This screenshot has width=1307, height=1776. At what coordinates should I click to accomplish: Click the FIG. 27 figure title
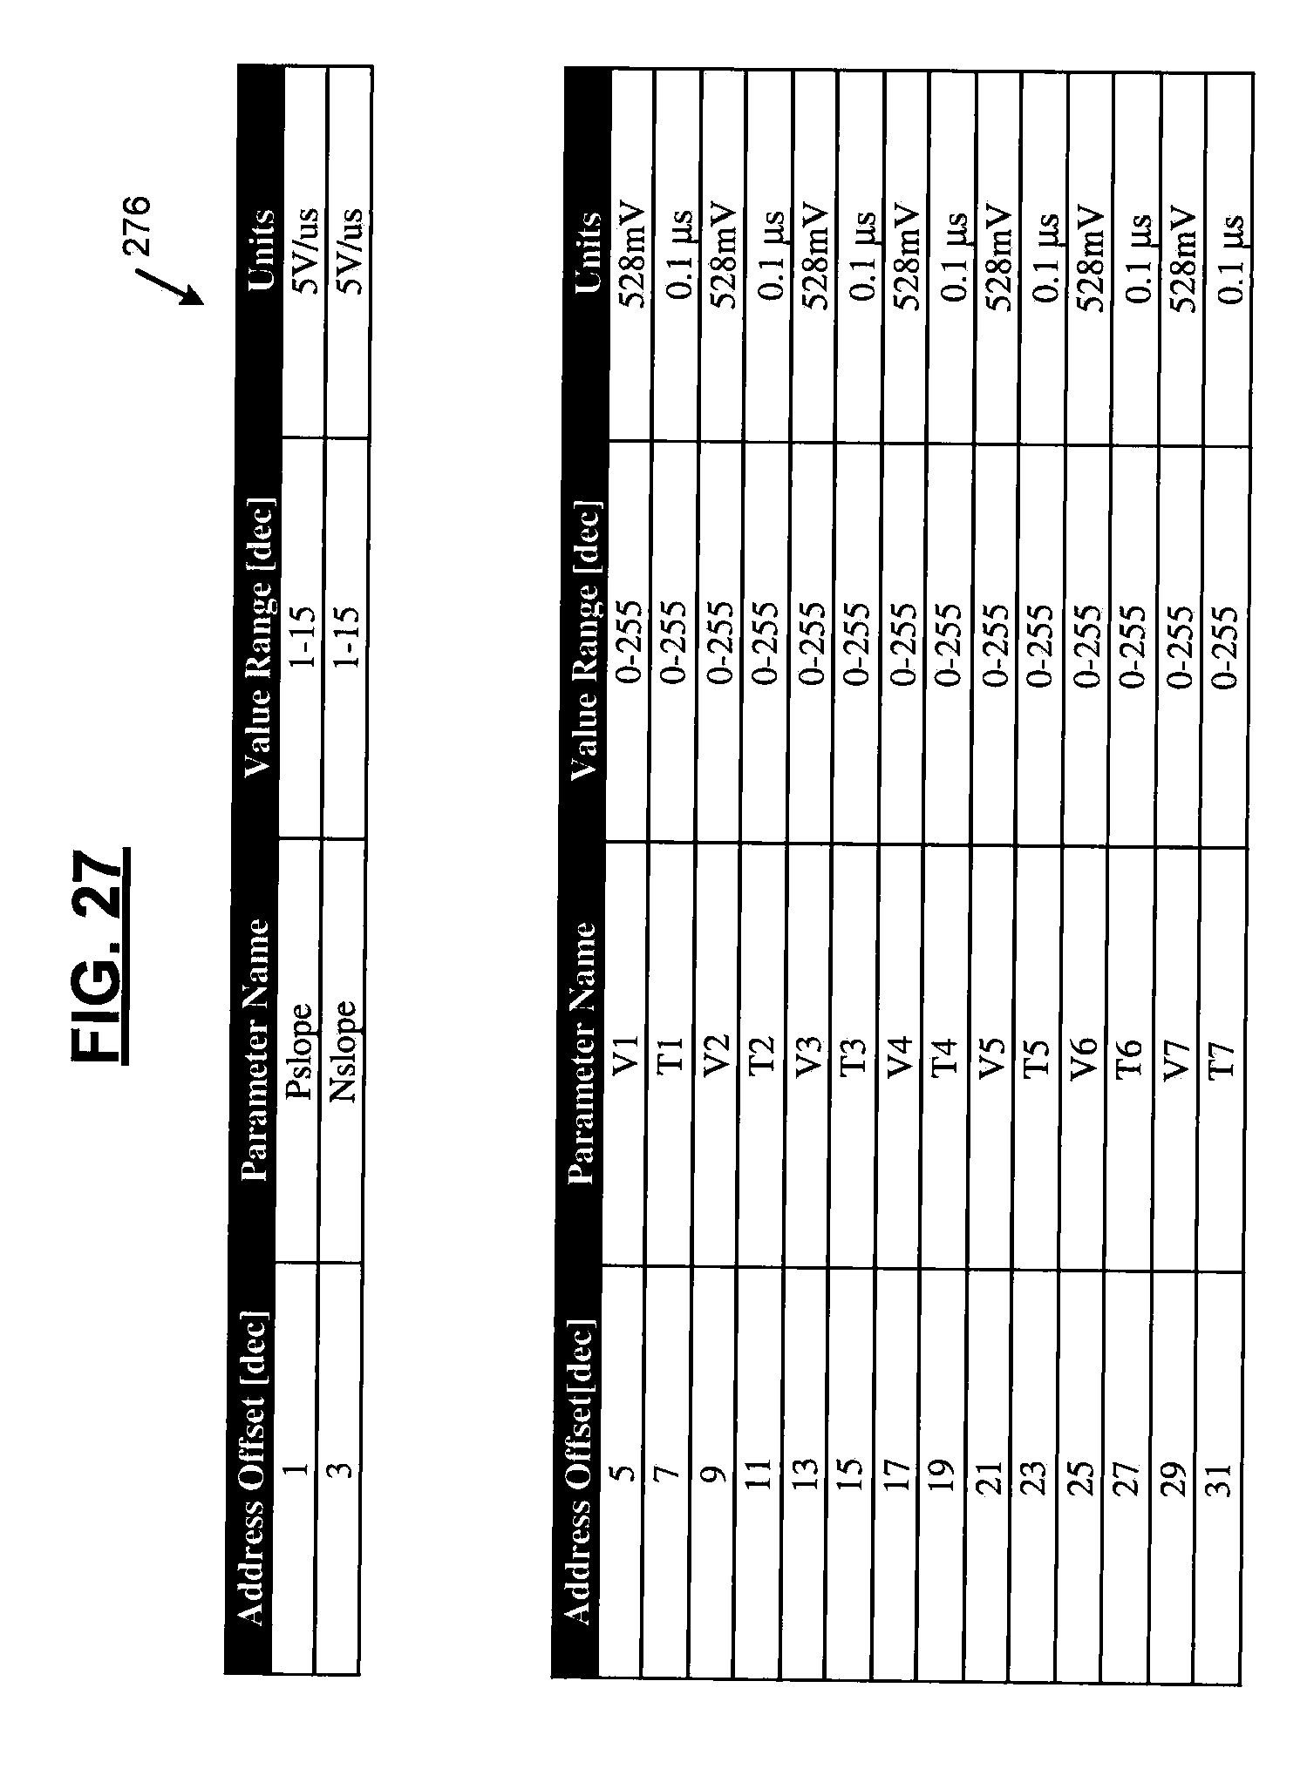tap(98, 955)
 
